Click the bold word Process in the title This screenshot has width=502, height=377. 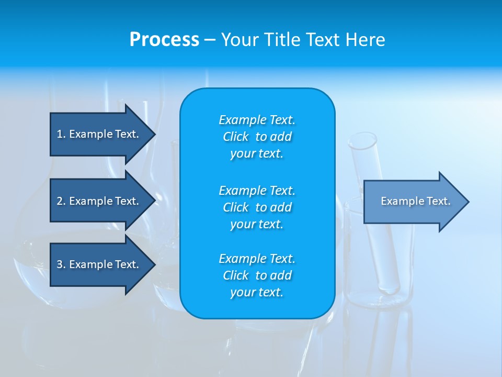[x=164, y=40]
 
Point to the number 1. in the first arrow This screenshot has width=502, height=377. [x=61, y=134]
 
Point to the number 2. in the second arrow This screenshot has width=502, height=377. [x=61, y=201]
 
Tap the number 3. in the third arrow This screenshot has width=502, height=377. [x=61, y=264]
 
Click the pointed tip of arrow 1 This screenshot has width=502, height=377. [x=153, y=134]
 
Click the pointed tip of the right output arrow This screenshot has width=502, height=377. [x=467, y=202]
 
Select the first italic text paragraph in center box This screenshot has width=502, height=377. [x=257, y=137]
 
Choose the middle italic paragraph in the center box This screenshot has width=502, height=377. [x=257, y=207]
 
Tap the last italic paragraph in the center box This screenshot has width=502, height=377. [x=257, y=275]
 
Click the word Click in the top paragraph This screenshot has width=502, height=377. [x=236, y=137]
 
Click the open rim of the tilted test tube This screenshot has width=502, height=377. [x=363, y=141]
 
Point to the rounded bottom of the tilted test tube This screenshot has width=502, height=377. [x=390, y=287]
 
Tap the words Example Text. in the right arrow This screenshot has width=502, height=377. [x=416, y=201]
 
